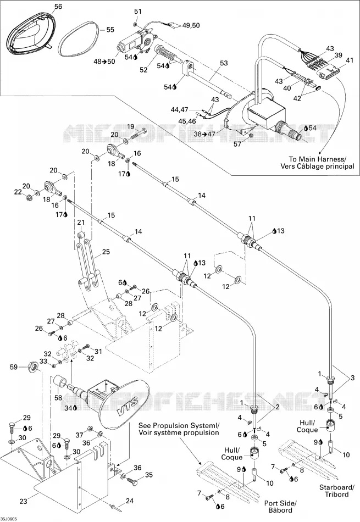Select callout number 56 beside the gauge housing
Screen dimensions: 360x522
point(58,7)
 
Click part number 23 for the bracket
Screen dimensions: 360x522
point(23,501)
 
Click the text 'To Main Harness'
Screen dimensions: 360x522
point(317,159)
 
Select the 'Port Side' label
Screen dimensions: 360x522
point(280,503)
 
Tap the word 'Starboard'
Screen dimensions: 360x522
point(336,487)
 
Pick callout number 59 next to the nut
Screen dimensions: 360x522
point(14,367)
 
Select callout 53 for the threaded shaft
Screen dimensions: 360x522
point(224,63)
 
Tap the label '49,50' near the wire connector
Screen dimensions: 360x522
point(191,25)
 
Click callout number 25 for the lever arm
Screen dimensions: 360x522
point(106,252)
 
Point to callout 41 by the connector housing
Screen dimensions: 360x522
point(350,60)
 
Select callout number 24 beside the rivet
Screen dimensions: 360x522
point(130,501)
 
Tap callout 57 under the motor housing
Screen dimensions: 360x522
point(237,144)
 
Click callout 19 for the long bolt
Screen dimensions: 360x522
point(130,126)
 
